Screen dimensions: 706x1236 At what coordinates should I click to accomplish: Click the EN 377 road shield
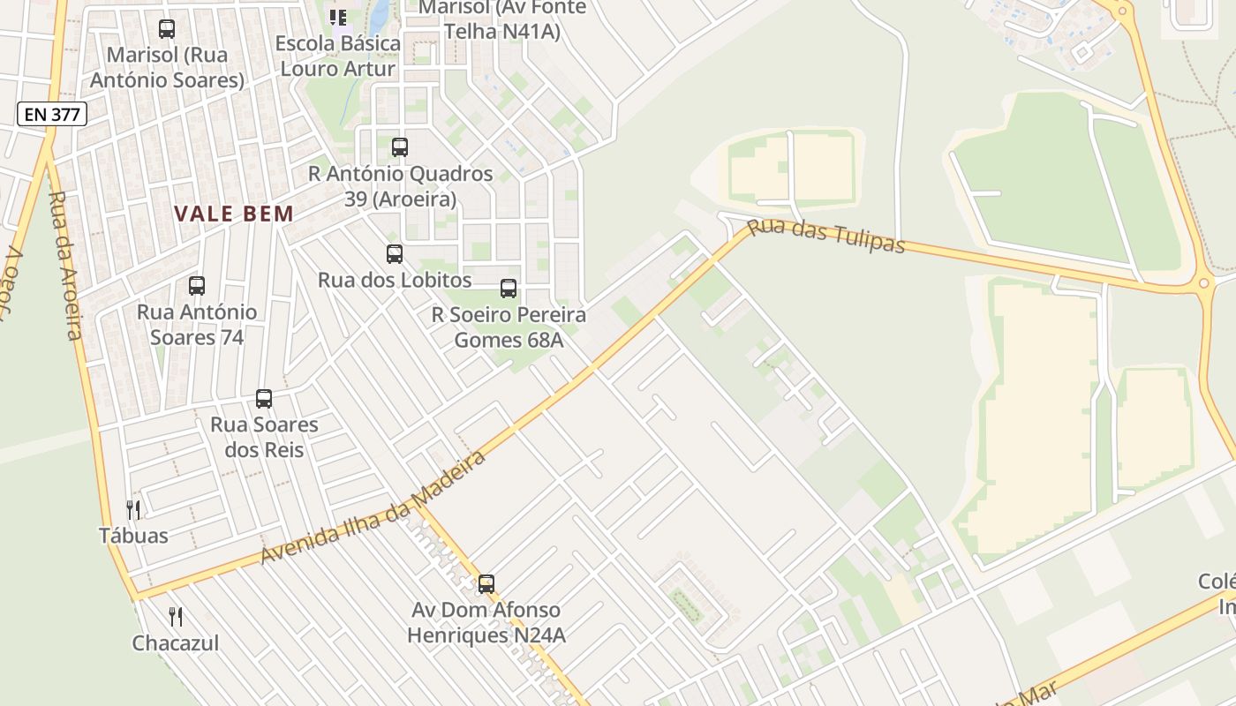[x=52, y=114]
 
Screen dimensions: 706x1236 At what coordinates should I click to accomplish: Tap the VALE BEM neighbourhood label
[x=234, y=214]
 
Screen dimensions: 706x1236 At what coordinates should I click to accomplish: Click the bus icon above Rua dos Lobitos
[x=395, y=254]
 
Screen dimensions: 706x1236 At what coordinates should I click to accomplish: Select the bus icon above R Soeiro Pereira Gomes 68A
[x=509, y=289]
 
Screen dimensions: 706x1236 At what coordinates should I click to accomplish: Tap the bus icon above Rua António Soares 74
[x=197, y=286]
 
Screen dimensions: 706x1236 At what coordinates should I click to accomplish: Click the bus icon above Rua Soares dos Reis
[x=264, y=398]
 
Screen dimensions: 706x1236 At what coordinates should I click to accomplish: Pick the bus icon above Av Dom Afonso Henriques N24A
[x=486, y=583]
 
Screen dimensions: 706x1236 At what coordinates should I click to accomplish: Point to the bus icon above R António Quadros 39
[x=400, y=147]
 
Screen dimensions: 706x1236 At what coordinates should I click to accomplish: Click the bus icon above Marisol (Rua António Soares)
[x=167, y=29]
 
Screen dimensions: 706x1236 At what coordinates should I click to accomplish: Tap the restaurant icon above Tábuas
[x=133, y=509]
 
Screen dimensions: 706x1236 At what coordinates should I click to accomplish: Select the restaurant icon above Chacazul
[x=176, y=616]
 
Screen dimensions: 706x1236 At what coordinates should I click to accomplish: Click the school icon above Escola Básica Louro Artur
[x=338, y=17]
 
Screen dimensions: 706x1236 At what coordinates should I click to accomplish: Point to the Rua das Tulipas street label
[x=826, y=236]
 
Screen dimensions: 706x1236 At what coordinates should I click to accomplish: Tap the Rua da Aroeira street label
[x=65, y=265]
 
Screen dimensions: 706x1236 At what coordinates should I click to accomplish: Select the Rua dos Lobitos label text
[x=395, y=280]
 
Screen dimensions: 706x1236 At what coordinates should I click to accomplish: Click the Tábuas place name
[x=133, y=535]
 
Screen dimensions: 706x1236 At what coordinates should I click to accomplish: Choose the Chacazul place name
[x=176, y=642]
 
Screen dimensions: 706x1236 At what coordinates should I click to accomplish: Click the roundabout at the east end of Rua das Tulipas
[x=1202, y=284]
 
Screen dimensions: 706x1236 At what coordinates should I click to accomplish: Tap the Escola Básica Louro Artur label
[x=338, y=56]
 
